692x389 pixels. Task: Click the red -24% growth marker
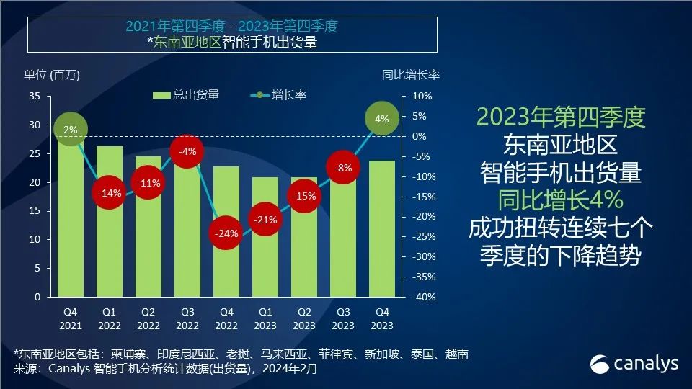[226, 233]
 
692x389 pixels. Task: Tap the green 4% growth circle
[382, 119]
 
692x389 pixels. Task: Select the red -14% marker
[109, 193]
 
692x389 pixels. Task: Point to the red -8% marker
[344, 168]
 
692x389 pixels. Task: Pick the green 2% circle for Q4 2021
[71, 130]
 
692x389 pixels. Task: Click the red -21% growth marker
[265, 220]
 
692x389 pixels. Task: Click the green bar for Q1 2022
[109, 245]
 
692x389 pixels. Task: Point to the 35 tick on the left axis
[35, 96]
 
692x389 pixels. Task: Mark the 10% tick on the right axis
[421, 96]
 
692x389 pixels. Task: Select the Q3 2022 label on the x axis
[187, 318]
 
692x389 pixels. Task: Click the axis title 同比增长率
[410, 74]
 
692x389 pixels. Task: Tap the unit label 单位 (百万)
[51, 74]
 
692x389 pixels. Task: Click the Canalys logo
[634, 364]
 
